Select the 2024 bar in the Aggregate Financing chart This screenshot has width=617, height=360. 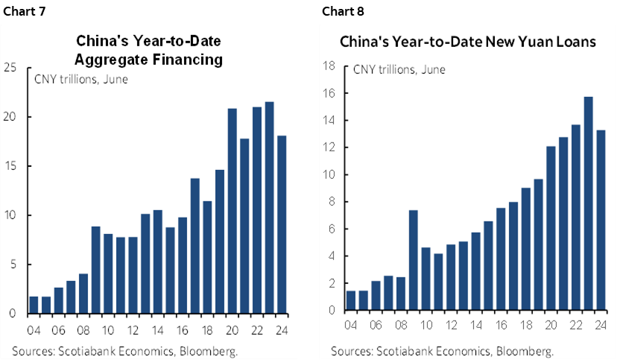(282, 224)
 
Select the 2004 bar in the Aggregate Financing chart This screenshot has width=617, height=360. (34, 305)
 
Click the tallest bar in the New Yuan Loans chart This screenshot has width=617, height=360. (588, 203)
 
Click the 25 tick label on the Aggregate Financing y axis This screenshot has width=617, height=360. (10, 68)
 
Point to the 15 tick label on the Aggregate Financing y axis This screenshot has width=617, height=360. (10, 166)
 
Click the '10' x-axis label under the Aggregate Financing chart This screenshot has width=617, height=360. (108, 330)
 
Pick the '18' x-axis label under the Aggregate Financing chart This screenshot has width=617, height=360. (207, 330)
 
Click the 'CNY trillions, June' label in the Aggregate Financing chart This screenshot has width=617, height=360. (79, 78)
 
